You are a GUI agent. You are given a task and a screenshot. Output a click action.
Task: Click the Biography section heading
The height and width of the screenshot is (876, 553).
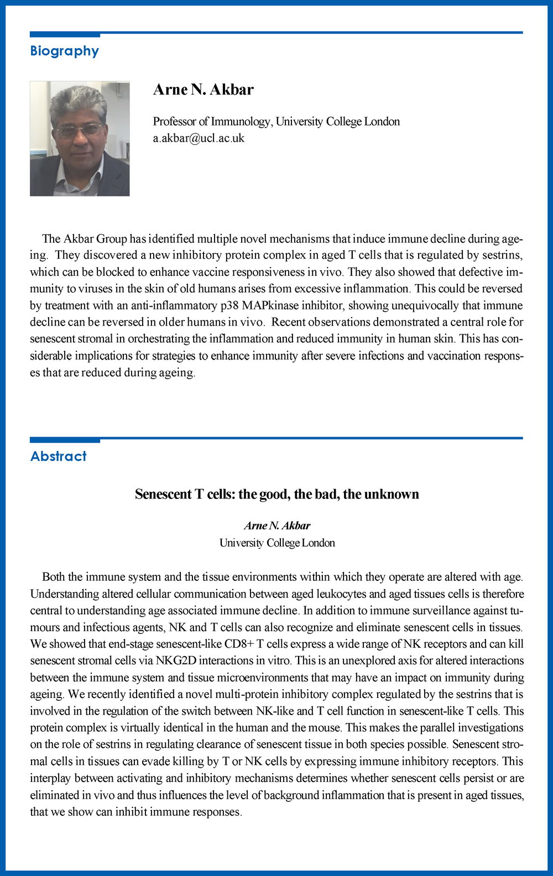click(x=64, y=51)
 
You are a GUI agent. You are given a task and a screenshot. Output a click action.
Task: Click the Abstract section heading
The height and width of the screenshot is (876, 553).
click(x=59, y=456)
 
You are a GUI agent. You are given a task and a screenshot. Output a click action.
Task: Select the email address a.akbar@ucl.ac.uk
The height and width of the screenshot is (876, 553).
click(x=199, y=138)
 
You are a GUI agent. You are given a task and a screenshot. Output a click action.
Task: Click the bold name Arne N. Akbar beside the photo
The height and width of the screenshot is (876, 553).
click(x=203, y=90)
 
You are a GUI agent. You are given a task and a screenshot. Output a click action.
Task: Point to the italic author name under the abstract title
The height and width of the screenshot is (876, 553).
click(x=277, y=526)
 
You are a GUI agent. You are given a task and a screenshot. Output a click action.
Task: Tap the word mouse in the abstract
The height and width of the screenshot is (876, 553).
click(x=322, y=728)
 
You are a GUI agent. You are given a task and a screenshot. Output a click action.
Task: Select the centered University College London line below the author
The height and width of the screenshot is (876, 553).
click(x=277, y=543)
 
